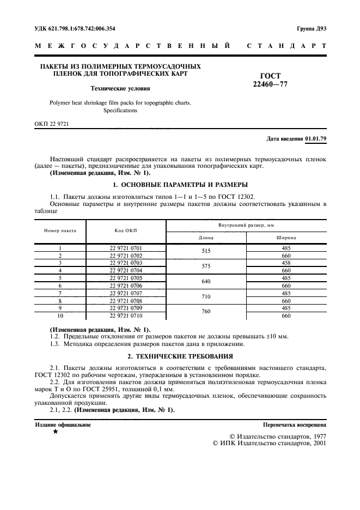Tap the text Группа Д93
(311, 28)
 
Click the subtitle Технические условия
(120, 88)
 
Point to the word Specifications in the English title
(120, 110)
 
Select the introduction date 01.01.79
(315, 139)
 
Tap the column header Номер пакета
(60, 230)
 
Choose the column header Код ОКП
(126, 230)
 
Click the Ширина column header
(286, 238)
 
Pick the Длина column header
(206, 238)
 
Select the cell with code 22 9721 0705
(126, 278)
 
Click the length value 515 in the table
(206, 251)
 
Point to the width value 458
(286, 263)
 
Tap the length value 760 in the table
(206, 312)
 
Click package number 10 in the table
(60, 316)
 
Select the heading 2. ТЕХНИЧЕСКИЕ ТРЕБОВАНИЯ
(180, 356)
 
